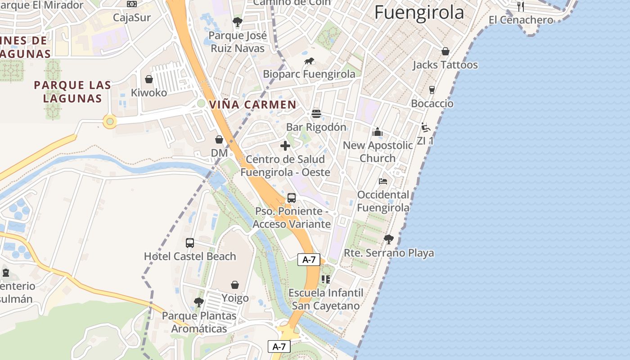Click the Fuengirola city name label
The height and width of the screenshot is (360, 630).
tap(419, 12)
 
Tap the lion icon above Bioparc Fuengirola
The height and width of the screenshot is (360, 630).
tap(309, 61)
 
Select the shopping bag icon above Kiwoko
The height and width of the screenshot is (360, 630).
tap(149, 79)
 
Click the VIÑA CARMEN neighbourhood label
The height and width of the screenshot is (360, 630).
tap(253, 105)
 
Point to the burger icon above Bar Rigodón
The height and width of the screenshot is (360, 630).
tap(316, 113)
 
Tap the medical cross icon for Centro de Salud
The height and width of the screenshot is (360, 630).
tap(285, 146)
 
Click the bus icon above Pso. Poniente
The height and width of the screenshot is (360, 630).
tap(292, 198)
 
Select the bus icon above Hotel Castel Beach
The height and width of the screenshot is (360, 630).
tap(190, 243)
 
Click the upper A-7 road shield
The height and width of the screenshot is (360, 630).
tap(309, 259)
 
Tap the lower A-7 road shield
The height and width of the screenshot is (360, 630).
tap(279, 346)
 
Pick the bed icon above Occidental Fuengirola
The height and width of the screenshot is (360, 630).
tap(383, 181)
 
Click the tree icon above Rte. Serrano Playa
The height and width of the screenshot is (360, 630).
tap(388, 239)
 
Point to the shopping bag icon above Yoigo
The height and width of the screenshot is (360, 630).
tap(235, 285)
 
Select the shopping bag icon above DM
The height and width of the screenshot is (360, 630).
tap(219, 139)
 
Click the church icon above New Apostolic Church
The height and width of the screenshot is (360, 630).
tap(378, 132)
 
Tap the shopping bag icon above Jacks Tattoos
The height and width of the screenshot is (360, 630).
tap(445, 51)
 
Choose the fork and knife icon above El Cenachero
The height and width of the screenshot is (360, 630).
tap(521, 6)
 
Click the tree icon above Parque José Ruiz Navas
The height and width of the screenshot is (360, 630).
tap(237, 22)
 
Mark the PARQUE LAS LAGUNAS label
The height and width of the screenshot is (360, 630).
tap(72, 91)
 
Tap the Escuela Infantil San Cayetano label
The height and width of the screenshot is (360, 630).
tap(326, 299)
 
